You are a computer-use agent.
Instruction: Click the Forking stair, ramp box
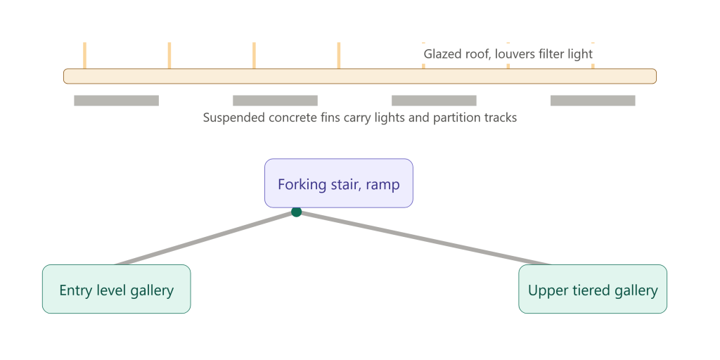point(338,184)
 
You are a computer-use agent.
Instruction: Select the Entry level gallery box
point(116,289)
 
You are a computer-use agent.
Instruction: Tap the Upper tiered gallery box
point(592,289)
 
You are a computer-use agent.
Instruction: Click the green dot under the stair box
point(296,212)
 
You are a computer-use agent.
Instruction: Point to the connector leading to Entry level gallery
point(206,238)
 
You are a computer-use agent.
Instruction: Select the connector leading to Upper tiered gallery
point(423,238)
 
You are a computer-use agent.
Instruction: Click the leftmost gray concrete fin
point(116,101)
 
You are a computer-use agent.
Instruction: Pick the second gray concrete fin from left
point(275,101)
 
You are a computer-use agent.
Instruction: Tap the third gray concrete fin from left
point(434,101)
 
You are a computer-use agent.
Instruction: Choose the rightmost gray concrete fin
point(593,101)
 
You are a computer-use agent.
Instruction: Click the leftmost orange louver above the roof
point(84,56)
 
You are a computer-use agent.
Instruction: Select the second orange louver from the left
point(169,56)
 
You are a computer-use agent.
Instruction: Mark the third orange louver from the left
point(254,56)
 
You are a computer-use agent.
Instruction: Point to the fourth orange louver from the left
point(338,56)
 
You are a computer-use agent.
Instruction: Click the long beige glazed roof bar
point(360,76)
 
